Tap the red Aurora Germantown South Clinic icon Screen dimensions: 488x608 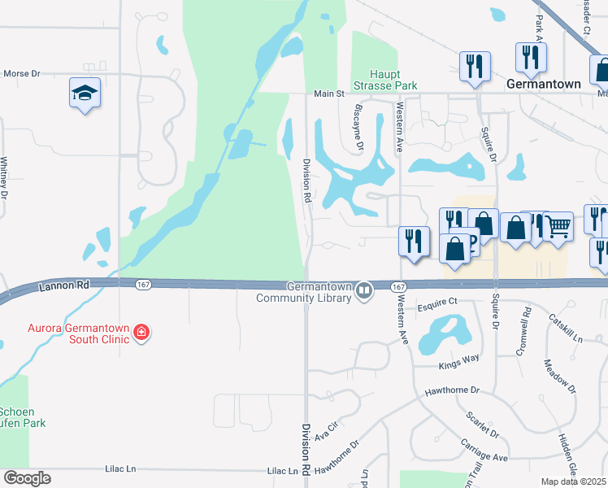[141, 332]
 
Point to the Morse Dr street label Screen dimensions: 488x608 [22, 73]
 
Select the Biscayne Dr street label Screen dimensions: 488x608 [358, 127]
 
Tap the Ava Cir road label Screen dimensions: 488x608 [326, 430]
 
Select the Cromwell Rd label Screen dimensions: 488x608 [528, 322]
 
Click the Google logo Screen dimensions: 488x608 [27, 478]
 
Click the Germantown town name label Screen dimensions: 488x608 [544, 84]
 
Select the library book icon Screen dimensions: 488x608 [365, 289]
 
